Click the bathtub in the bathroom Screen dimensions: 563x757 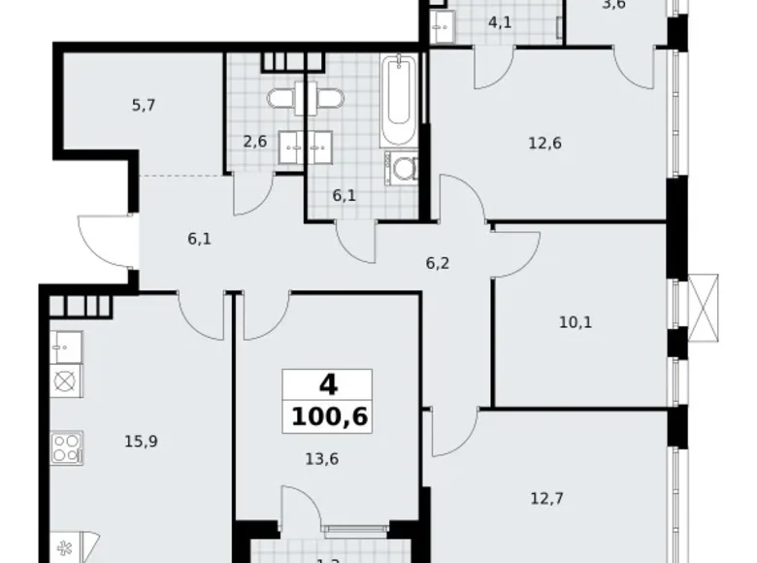point(399,101)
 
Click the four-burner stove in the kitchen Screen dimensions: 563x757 point(65,447)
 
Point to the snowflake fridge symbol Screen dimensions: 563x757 point(65,546)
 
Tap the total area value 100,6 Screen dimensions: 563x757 point(327,420)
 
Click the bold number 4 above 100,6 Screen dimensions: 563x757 point(327,385)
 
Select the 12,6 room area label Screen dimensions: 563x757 point(545,144)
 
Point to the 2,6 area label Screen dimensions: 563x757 point(254,142)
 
